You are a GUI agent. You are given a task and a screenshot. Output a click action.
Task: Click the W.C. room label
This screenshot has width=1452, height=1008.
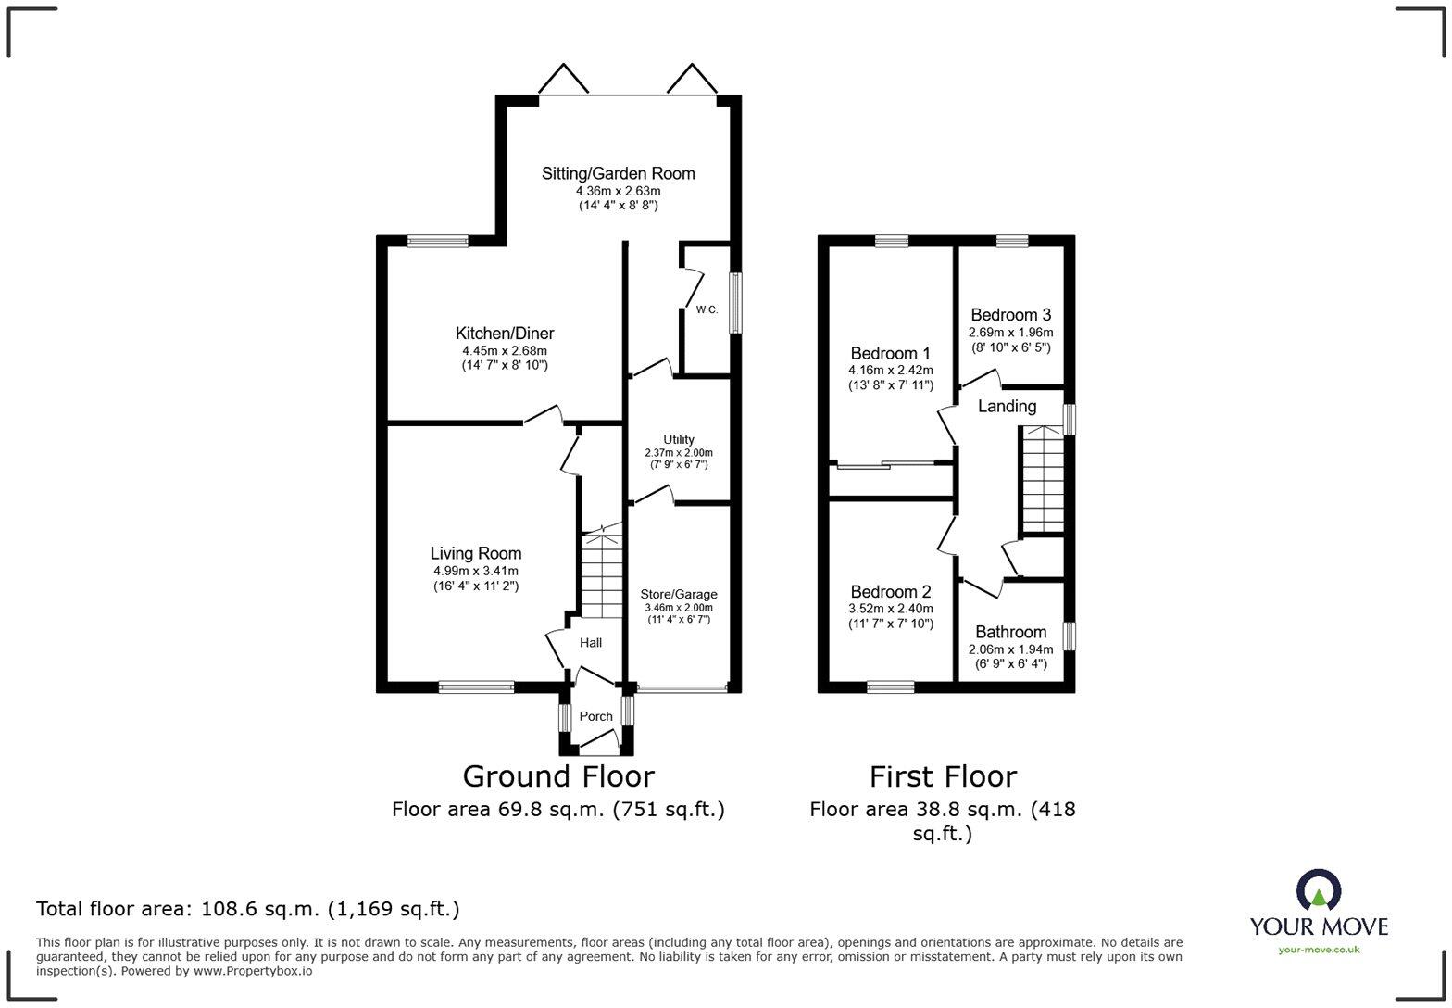(x=707, y=310)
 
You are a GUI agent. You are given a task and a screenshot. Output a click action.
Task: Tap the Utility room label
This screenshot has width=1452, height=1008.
(x=679, y=439)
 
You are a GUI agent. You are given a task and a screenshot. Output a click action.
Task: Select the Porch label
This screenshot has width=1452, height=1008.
(x=595, y=716)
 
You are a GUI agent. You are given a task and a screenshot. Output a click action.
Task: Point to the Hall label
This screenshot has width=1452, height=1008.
(x=591, y=643)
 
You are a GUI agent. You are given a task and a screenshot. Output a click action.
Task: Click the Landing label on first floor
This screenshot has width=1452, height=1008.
(x=1007, y=407)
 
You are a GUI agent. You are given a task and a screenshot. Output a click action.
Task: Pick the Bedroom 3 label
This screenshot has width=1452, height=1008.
(x=1010, y=315)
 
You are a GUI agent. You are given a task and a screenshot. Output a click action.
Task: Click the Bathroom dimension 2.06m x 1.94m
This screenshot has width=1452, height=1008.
(x=1010, y=649)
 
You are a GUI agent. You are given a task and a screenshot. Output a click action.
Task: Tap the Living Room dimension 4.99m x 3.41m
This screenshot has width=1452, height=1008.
(x=476, y=572)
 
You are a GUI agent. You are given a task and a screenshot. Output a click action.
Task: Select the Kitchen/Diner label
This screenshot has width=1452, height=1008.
(x=505, y=334)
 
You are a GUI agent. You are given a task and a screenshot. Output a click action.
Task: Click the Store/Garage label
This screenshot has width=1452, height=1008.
(x=679, y=594)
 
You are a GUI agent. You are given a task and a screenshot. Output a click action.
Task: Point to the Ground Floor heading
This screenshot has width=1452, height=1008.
(x=558, y=776)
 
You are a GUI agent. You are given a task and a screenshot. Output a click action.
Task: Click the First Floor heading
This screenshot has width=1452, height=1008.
(x=943, y=776)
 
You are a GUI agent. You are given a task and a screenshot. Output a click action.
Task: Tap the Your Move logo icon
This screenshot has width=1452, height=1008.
(x=1319, y=890)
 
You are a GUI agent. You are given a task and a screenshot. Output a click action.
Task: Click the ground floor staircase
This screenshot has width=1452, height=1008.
(x=602, y=574)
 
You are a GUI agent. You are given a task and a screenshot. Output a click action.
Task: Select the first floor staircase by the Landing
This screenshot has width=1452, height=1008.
(x=1043, y=479)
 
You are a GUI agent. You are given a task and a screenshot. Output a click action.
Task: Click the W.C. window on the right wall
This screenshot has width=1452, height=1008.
(x=735, y=303)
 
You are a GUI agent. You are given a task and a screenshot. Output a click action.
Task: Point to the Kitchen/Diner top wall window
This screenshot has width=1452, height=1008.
(x=437, y=241)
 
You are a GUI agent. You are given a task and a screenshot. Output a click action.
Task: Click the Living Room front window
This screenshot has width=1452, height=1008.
(x=476, y=687)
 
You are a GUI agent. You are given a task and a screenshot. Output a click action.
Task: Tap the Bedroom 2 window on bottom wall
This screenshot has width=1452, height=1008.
(x=891, y=687)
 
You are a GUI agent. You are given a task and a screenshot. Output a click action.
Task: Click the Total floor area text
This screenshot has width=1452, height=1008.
(x=247, y=909)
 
